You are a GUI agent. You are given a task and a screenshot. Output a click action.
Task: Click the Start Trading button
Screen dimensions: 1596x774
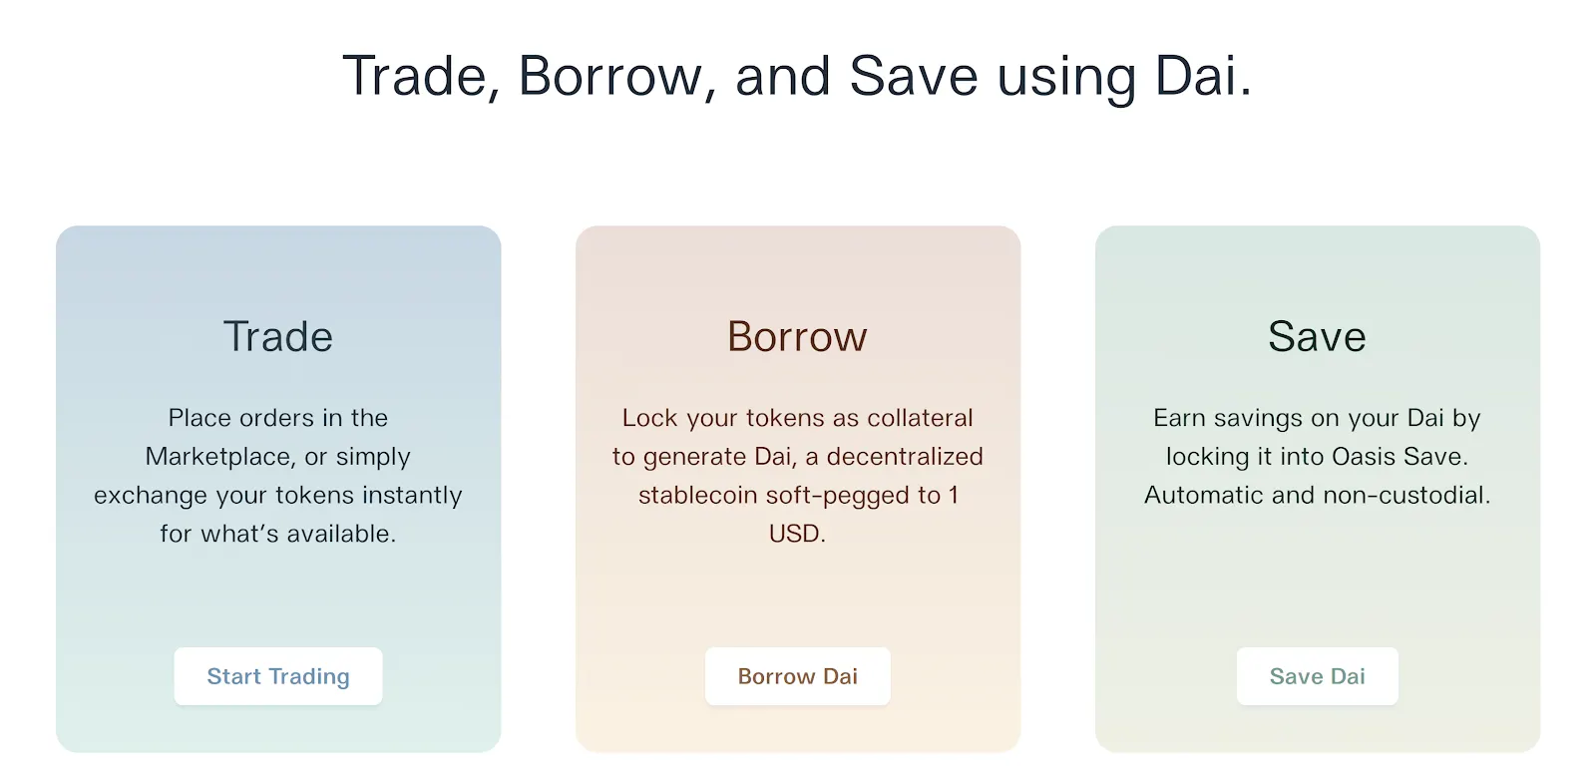pos(278,675)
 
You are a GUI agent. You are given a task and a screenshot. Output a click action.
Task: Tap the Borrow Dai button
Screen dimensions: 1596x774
pos(797,675)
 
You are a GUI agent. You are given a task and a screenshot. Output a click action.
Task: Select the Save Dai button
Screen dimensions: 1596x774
pos(1317,675)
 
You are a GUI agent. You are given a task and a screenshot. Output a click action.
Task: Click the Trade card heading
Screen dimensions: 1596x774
pos(278,336)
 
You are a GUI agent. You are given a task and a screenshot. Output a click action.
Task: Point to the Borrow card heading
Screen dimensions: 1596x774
pos(797,336)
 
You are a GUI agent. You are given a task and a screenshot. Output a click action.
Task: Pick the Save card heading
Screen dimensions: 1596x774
pos(1317,336)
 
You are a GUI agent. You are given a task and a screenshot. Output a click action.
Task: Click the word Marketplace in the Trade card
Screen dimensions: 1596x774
pos(216,456)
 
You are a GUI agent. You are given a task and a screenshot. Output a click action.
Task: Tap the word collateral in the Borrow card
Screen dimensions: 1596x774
pos(920,418)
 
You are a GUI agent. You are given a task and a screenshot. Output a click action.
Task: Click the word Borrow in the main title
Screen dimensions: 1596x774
pos(610,76)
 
